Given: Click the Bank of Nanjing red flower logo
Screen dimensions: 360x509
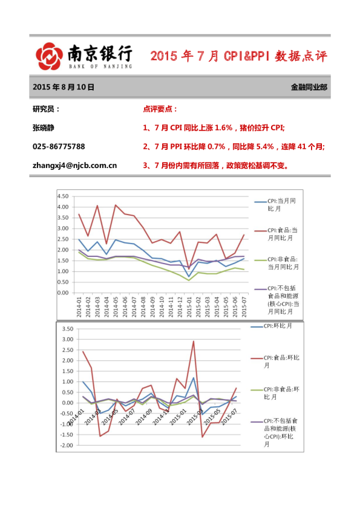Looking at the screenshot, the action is (49, 57).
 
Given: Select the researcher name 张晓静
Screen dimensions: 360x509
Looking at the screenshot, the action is (47, 128).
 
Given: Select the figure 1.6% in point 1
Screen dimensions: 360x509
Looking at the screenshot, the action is (224, 128).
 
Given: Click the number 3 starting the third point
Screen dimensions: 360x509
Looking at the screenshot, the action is (145, 165).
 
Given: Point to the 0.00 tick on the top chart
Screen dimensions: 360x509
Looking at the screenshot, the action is (62, 293).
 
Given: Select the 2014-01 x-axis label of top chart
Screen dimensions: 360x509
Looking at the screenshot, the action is (79, 306).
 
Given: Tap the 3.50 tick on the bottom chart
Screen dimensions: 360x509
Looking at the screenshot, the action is (67, 329).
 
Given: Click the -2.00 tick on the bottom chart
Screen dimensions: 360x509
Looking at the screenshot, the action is (65, 446).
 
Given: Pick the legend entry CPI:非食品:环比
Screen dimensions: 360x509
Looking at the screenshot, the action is (280, 394).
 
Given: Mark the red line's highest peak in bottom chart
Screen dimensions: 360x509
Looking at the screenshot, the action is (194, 342).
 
